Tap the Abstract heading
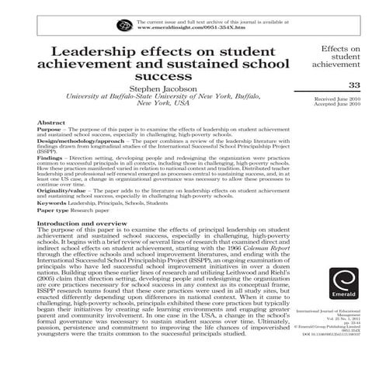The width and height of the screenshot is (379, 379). pos(50,123)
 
